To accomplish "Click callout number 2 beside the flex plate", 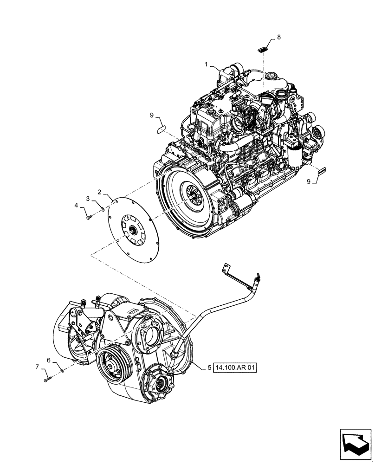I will (x=99, y=191).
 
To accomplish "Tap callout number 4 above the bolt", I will (x=78, y=205).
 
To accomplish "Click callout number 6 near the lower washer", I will (x=48, y=359).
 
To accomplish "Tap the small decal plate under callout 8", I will (x=263, y=48).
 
